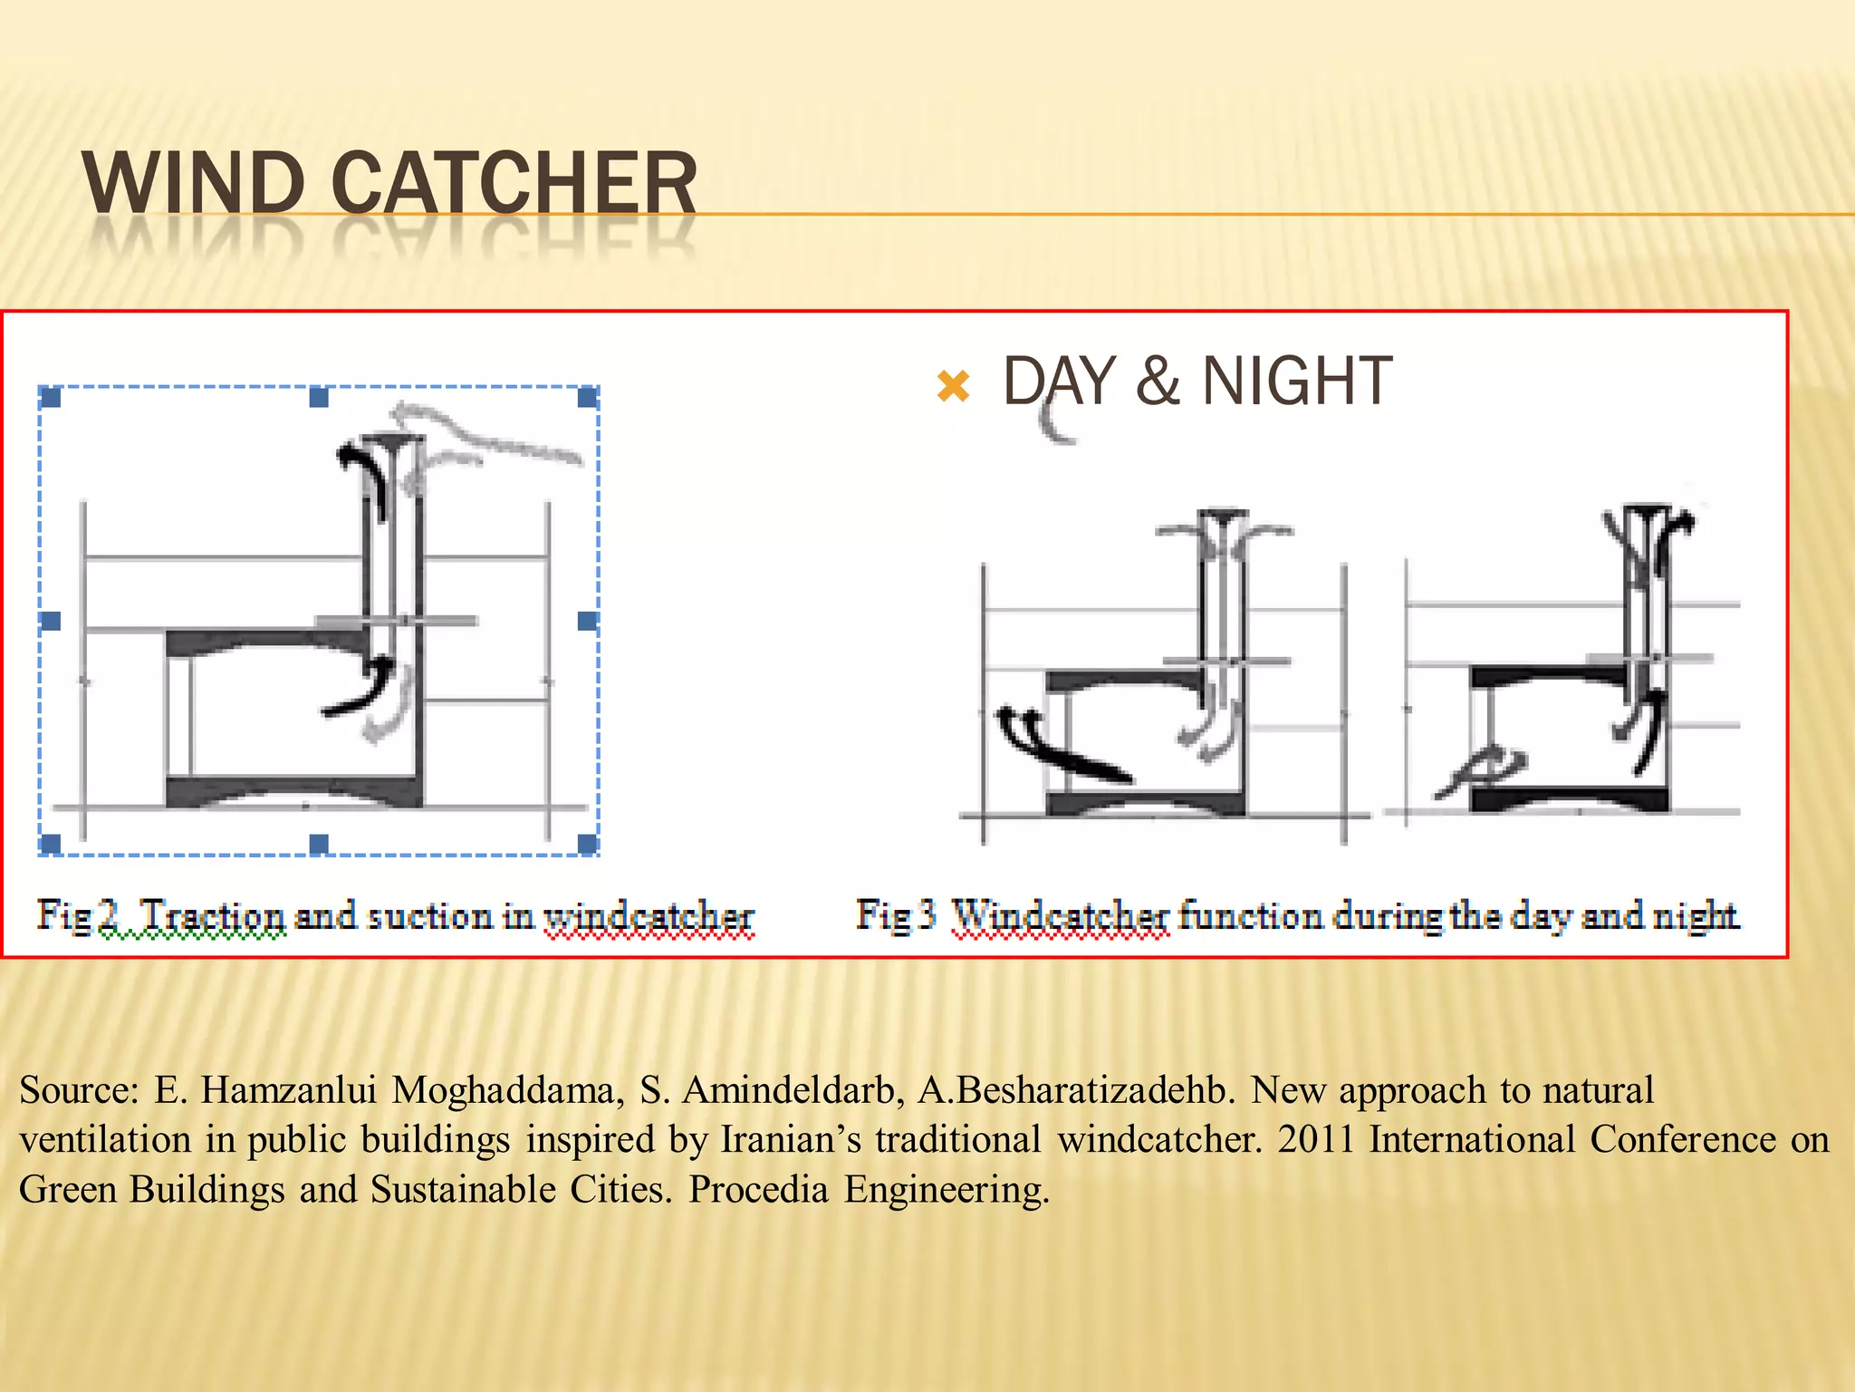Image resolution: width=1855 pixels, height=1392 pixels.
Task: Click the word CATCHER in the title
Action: click(x=514, y=183)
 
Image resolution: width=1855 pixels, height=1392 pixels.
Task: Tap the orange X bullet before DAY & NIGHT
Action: click(x=954, y=386)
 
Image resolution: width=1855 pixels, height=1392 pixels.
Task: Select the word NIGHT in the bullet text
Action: click(x=1296, y=382)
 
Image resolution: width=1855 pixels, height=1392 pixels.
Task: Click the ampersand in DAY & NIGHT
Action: click(x=1158, y=382)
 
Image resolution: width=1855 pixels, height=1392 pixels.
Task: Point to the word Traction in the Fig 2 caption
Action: click(x=214, y=915)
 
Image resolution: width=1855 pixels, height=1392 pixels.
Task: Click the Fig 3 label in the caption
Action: click(x=896, y=915)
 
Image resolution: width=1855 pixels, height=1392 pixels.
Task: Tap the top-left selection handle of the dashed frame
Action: click(x=51, y=397)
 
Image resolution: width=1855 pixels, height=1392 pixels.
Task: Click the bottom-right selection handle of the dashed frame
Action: click(x=588, y=845)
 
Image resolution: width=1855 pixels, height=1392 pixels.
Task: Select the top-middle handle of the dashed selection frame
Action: click(x=319, y=397)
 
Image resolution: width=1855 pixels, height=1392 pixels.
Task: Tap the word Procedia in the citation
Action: click(x=758, y=1190)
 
